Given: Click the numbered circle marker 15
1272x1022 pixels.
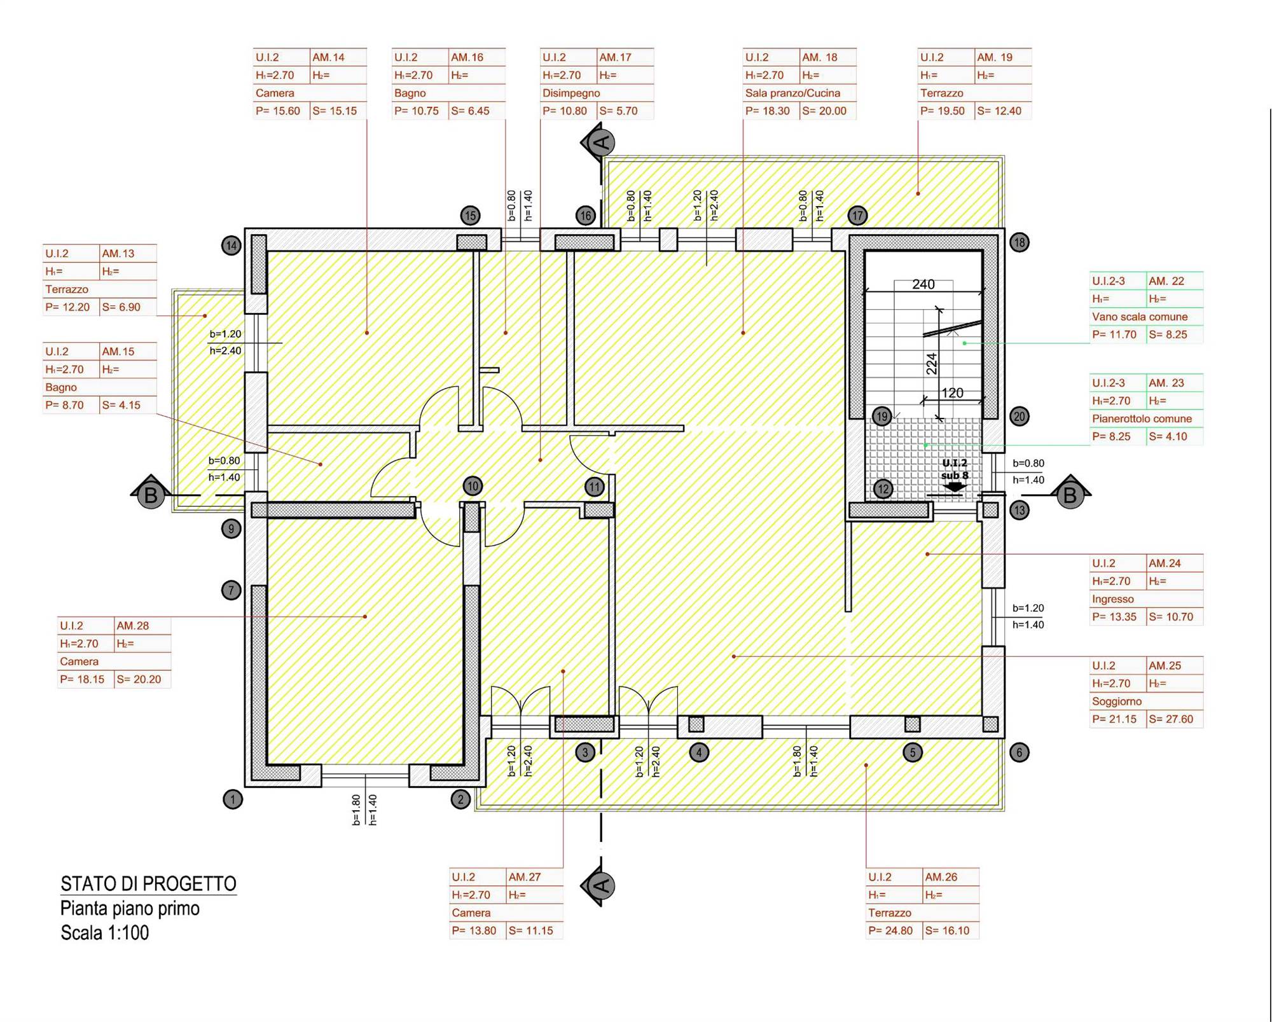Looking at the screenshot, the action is click(x=470, y=216).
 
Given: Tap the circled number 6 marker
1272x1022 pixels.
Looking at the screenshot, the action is click(x=1019, y=752).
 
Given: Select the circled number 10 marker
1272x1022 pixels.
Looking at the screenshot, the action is click(x=473, y=487).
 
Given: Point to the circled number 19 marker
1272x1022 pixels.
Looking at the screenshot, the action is click(x=881, y=417).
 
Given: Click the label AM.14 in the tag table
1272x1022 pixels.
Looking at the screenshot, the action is click(x=328, y=57).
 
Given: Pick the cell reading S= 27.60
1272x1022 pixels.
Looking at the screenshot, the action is click(x=1171, y=719).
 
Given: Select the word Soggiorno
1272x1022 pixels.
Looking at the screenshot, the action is click(x=1117, y=701).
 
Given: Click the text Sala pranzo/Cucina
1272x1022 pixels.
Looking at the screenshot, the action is click(x=792, y=93).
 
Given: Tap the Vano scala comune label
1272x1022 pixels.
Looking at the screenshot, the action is click(x=1140, y=317).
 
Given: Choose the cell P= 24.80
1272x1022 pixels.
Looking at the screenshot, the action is click(x=890, y=931).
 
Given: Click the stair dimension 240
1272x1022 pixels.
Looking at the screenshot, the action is click(x=923, y=284).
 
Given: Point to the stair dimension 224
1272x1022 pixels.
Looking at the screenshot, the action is click(x=932, y=364).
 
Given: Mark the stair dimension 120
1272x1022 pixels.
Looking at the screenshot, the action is click(x=952, y=393).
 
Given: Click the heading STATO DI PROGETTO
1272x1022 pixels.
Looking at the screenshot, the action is click(x=148, y=884).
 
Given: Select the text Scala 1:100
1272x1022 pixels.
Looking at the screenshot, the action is click(x=105, y=933).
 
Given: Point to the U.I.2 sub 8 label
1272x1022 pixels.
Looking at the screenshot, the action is click(x=955, y=469).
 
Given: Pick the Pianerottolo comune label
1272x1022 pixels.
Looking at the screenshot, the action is click(x=1142, y=418).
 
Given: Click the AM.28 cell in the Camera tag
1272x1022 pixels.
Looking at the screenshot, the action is click(x=132, y=626).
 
